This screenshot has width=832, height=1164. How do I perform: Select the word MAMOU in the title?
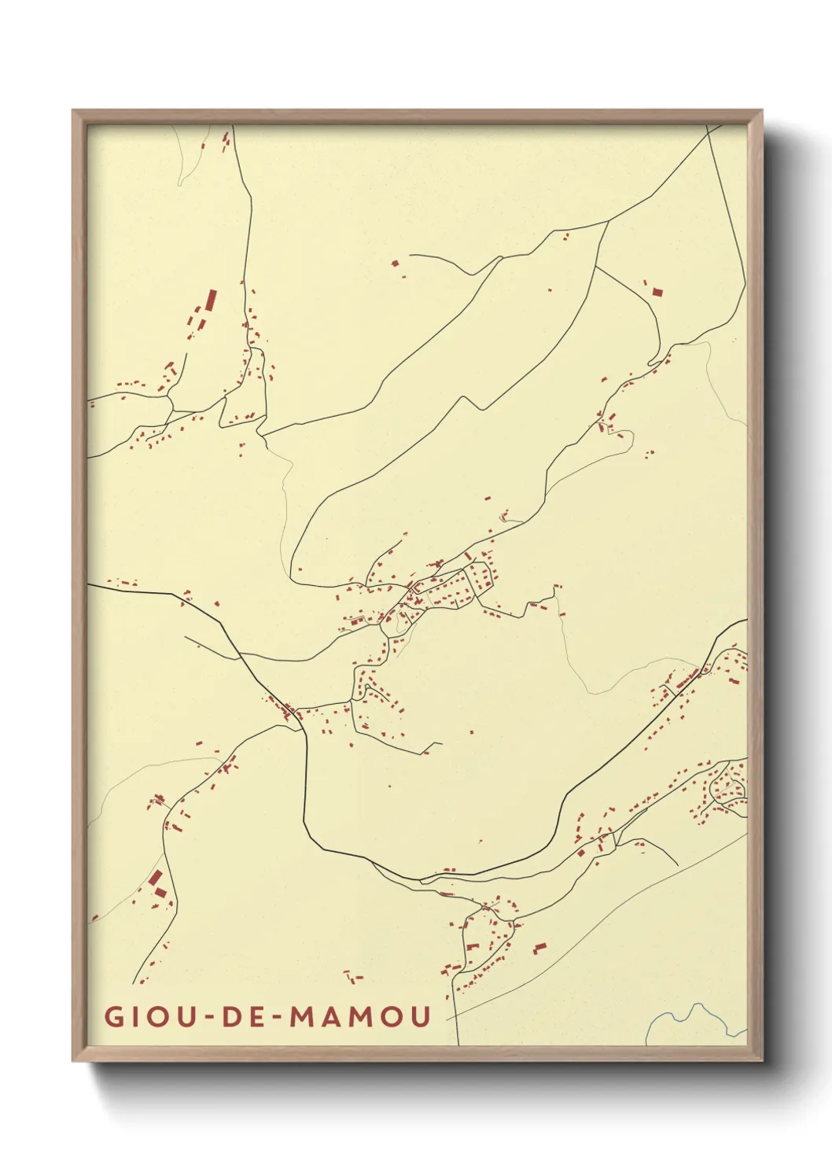pyautogui.click(x=361, y=1016)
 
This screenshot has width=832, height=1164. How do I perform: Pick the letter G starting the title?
pyautogui.click(x=114, y=1016)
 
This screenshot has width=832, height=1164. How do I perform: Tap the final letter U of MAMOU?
pyautogui.click(x=421, y=1016)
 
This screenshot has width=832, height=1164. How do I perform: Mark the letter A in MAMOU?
pyautogui.click(x=332, y=1016)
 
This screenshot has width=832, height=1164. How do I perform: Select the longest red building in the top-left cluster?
pyautogui.click(x=211, y=301)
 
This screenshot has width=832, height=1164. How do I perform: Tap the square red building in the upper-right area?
pyautogui.click(x=657, y=292)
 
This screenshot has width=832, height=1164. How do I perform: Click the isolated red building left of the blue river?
pyautogui.click(x=539, y=948)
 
